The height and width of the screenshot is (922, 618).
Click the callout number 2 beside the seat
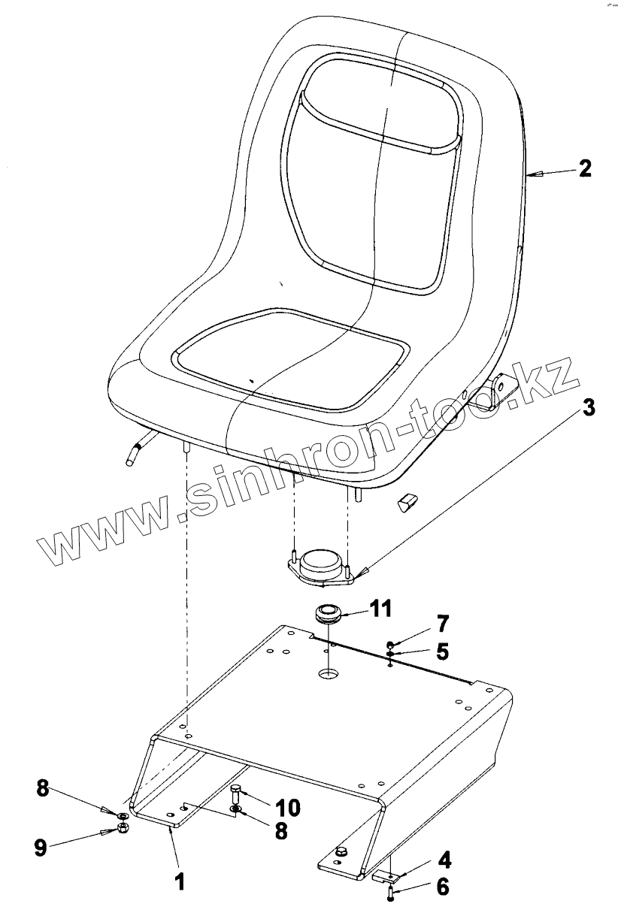[x=585, y=168]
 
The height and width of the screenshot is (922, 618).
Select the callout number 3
[x=589, y=409]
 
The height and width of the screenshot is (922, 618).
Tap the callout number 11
[x=380, y=609]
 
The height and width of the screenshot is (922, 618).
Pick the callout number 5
[x=442, y=651]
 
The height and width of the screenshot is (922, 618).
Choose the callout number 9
[x=41, y=847]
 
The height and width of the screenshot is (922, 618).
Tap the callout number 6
[x=443, y=887]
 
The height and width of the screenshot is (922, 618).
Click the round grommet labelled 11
[x=328, y=612]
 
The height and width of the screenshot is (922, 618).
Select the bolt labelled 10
[x=236, y=793]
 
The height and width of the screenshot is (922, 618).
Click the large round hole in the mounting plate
[x=328, y=674]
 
